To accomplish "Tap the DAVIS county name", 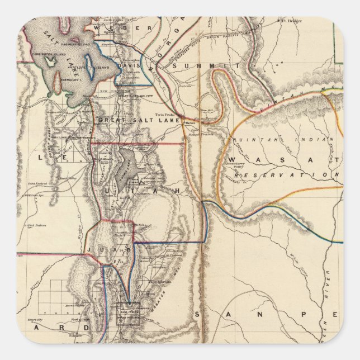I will (x=129, y=65).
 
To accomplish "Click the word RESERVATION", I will (x=287, y=176).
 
